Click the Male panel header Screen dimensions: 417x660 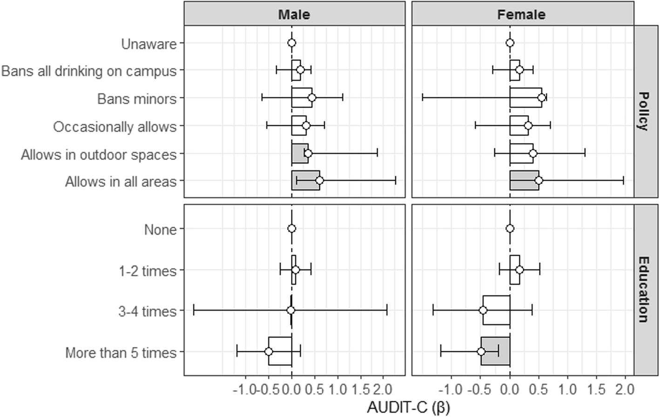[x=294, y=14]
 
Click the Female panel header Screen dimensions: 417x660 [x=521, y=14]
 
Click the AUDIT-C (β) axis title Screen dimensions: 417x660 [x=408, y=407]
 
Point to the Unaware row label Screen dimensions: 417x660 [x=149, y=44]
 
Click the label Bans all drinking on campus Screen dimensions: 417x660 [x=89, y=71]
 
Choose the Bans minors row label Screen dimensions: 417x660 [x=137, y=99]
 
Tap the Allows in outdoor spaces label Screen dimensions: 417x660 [x=99, y=154]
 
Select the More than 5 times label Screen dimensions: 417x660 [x=121, y=353]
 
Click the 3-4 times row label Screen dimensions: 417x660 [x=148, y=311]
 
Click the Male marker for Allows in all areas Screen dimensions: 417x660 [x=319, y=181]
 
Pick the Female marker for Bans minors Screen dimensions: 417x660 [x=541, y=97]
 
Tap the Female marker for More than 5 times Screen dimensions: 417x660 [x=481, y=351]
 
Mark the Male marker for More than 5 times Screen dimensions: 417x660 [x=269, y=351]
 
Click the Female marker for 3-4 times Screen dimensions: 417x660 [x=483, y=310]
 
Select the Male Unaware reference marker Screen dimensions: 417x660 [x=292, y=43]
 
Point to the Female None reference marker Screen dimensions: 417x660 [x=510, y=228]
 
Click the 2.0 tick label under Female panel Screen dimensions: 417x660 [x=625, y=389]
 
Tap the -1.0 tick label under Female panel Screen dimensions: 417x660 [x=451, y=389]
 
